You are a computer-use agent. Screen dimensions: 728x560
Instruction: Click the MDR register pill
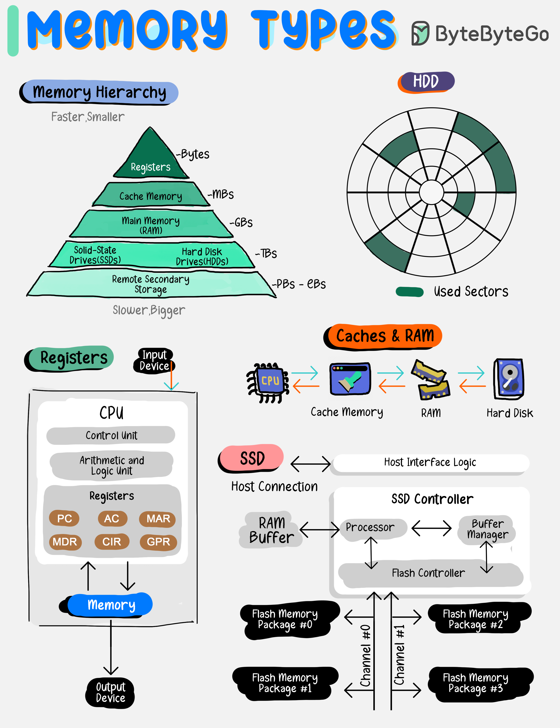(65, 542)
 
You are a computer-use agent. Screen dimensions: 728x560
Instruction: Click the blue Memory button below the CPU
(111, 604)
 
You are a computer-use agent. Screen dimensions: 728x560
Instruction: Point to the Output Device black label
(110, 693)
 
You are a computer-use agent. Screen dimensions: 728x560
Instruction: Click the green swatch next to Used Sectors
(409, 292)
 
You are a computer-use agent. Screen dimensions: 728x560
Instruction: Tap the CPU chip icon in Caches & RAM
(269, 382)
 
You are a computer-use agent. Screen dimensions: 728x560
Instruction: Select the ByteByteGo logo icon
(420, 33)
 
